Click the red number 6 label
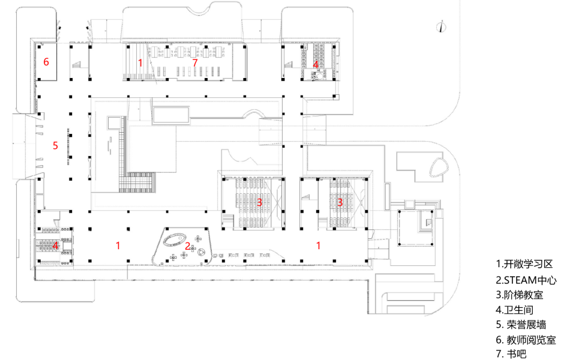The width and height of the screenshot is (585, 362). pyautogui.click(x=46, y=62)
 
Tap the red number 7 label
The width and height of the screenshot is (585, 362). pyautogui.click(x=194, y=62)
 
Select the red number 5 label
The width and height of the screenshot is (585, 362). pyautogui.click(x=55, y=145)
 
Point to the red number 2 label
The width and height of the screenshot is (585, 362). pyautogui.click(x=187, y=246)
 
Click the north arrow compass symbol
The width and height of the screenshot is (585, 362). pyautogui.click(x=441, y=26)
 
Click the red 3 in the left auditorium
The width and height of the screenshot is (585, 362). pyautogui.click(x=259, y=202)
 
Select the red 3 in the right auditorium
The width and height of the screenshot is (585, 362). pyautogui.click(x=340, y=202)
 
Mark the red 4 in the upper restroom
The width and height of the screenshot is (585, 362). pyautogui.click(x=316, y=63)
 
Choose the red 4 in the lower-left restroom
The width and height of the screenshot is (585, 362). pyautogui.click(x=55, y=245)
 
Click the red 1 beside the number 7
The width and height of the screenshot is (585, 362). pyautogui.click(x=140, y=62)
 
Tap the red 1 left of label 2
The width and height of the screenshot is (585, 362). pyautogui.click(x=118, y=245)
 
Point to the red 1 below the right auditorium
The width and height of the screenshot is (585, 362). pyautogui.click(x=318, y=245)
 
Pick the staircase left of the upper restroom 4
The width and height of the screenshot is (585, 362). pyautogui.click(x=293, y=60)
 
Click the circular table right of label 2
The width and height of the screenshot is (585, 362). pyautogui.click(x=202, y=252)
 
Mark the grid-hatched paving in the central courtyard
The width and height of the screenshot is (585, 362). pyautogui.click(x=134, y=181)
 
